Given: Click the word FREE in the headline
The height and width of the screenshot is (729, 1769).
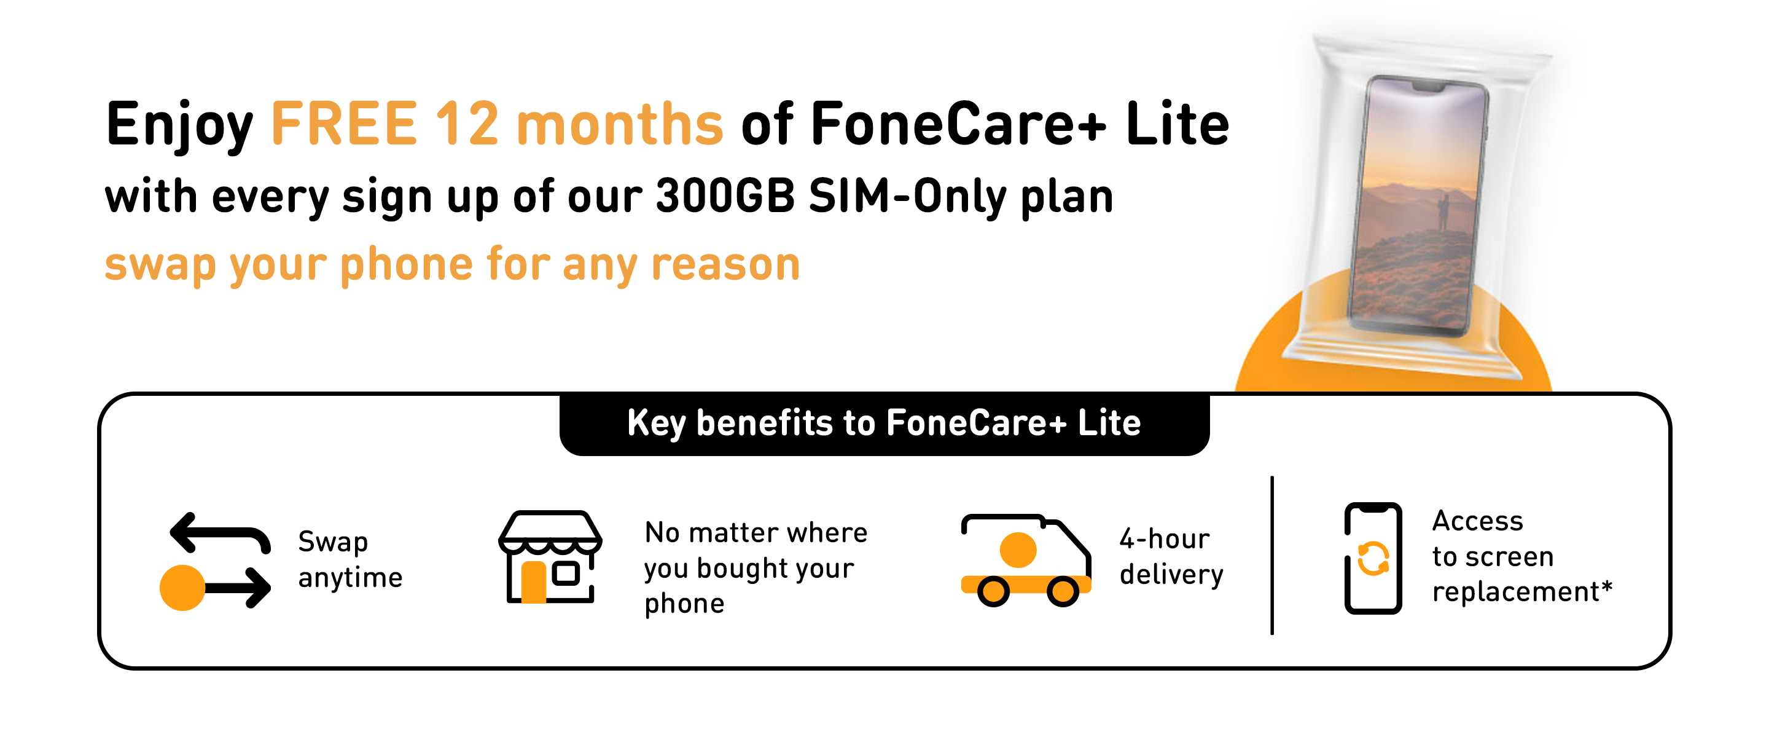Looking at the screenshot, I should (344, 124).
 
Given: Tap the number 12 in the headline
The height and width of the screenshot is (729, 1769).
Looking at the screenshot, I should (466, 124).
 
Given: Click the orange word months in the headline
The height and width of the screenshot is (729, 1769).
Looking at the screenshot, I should (619, 124).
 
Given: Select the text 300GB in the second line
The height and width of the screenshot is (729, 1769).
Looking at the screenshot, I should (725, 197).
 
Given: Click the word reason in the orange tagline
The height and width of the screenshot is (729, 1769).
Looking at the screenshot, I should (725, 264).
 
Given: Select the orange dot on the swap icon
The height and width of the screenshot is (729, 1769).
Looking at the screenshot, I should (182, 588).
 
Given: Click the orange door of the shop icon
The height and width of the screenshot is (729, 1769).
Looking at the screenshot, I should (534, 582).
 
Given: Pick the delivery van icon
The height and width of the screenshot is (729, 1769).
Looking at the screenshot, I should (1025, 560).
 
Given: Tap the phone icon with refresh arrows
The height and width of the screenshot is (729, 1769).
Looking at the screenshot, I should (1372, 558).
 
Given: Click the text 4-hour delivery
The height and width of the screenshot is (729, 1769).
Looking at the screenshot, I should (1171, 556).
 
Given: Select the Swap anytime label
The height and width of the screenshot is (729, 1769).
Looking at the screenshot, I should (350, 559).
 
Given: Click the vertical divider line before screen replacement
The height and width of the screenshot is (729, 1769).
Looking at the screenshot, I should (1272, 555).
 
